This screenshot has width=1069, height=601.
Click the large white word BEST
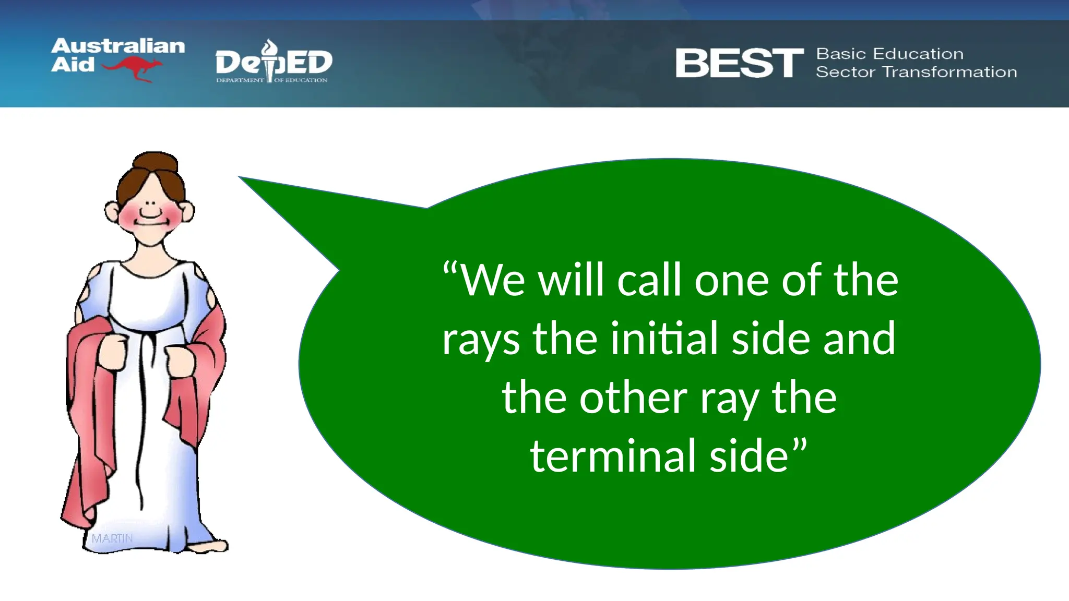pyautogui.click(x=739, y=63)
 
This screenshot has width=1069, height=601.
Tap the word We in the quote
pyautogui.click(x=493, y=281)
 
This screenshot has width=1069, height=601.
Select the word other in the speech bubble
pyautogui.click(x=633, y=398)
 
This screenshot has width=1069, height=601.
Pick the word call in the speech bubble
pyautogui.click(x=649, y=281)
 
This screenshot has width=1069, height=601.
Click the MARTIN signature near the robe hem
pyautogui.click(x=112, y=538)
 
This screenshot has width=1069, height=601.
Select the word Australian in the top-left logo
pyautogui.click(x=118, y=46)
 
